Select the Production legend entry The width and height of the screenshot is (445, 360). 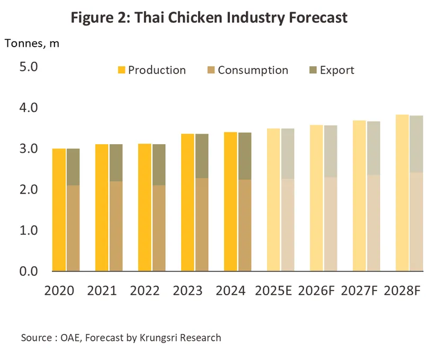point(152,70)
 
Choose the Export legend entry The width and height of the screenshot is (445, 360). point(331,70)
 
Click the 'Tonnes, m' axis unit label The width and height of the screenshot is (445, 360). point(32,43)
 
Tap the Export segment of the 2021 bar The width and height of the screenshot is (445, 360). point(115,162)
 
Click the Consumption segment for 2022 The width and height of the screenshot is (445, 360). point(158,228)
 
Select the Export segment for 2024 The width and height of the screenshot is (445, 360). point(244,156)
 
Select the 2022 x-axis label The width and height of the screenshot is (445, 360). point(145,291)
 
